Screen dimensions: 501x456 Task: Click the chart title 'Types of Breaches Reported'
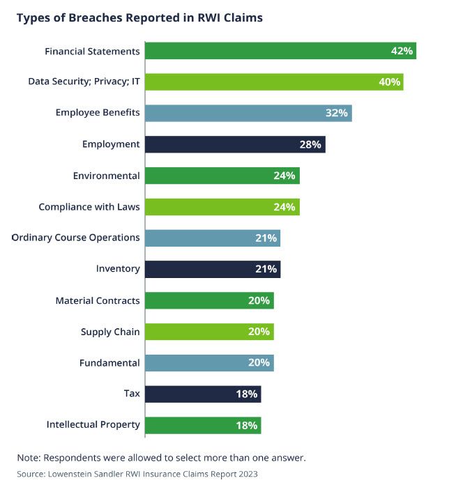click(x=139, y=18)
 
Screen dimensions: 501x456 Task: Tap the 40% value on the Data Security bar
click(x=390, y=82)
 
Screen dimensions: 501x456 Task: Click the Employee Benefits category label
click(x=98, y=113)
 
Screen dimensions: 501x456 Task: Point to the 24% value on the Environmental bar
click(x=284, y=176)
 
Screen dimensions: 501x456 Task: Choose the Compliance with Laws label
click(x=89, y=207)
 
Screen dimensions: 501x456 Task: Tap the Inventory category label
click(x=118, y=269)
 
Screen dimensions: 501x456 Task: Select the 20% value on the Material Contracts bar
click(x=259, y=301)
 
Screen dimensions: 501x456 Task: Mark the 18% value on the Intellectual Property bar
click(x=247, y=425)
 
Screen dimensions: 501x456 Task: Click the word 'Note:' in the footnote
click(x=30, y=458)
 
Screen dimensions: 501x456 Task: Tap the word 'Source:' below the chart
click(x=31, y=474)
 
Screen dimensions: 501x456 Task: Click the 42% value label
click(x=402, y=51)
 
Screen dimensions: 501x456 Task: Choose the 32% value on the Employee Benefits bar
click(x=337, y=113)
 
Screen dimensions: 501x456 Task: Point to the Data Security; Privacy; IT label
click(x=84, y=82)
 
